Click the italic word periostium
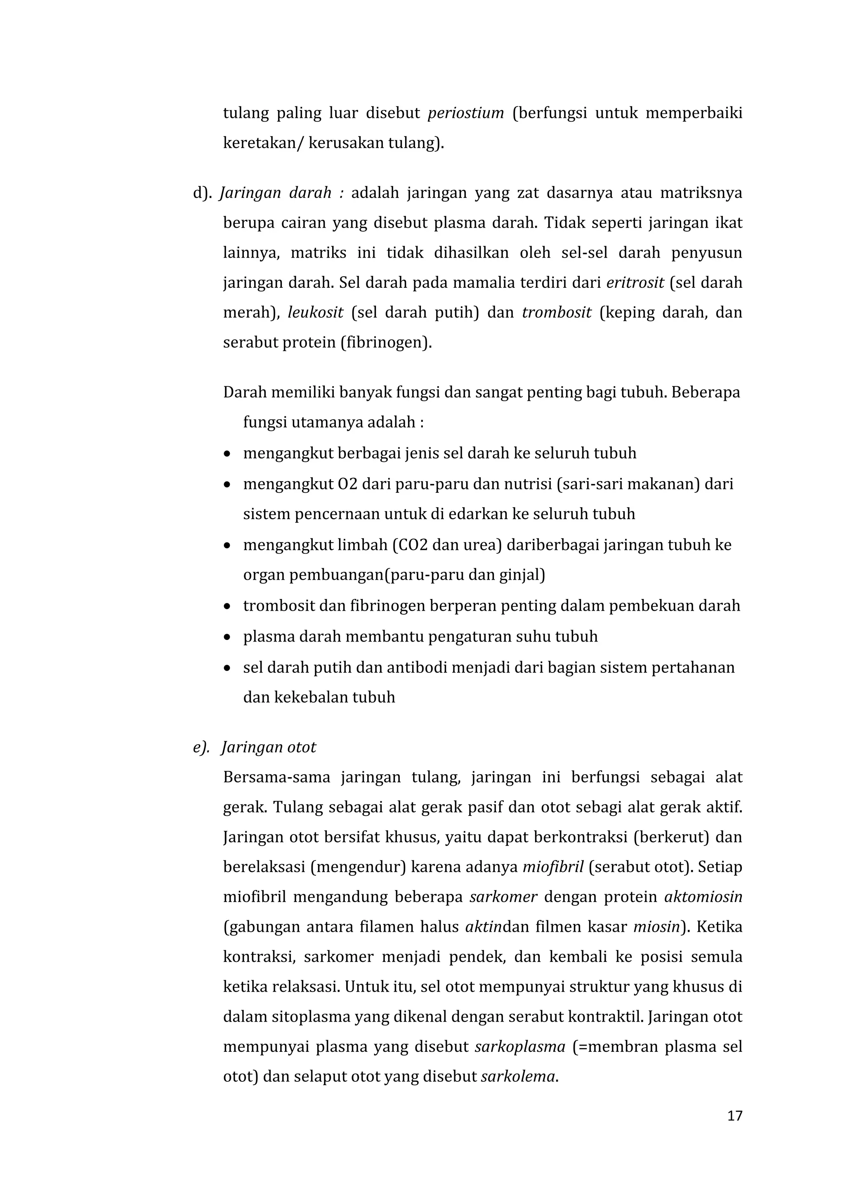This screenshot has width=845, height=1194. pyautogui.click(x=466, y=113)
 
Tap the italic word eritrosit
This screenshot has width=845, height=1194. pyautogui.click(x=635, y=283)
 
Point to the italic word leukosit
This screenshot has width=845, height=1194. pyautogui.click(x=315, y=313)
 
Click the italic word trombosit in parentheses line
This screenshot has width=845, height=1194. pyautogui.click(x=557, y=313)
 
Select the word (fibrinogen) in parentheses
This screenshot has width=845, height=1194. pyautogui.click(x=386, y=343)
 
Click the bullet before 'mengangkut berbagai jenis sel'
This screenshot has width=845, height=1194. pyautogui.click(x=227, y=454)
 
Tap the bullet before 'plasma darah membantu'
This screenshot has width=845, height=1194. pyautogui.click(x=227, y=637)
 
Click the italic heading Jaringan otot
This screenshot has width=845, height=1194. pyautogui.click(x=269, y=747)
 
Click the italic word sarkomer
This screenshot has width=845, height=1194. pyautogui.click(x=503, y=897)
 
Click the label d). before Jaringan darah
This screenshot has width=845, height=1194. pyautogui.click(x=203, y=193)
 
